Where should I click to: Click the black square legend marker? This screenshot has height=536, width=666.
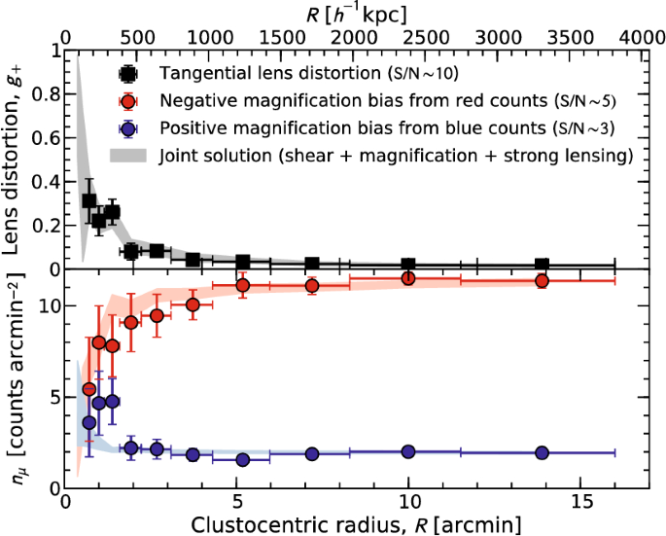(127, 74)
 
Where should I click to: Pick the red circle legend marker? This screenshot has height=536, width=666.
(127, 101)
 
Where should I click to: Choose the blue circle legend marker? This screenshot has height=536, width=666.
(127, 128)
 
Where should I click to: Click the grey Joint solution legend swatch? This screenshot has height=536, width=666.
(127, 155)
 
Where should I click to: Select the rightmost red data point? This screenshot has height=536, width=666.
(543, 281)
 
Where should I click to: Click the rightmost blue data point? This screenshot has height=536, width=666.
(543, 453)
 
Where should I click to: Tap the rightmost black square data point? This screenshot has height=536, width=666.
(543, 265)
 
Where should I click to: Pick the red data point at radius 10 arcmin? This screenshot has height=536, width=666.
(408, 278)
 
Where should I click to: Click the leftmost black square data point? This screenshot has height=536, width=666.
(89, 201)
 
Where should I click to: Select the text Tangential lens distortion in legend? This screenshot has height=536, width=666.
(253, 74)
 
